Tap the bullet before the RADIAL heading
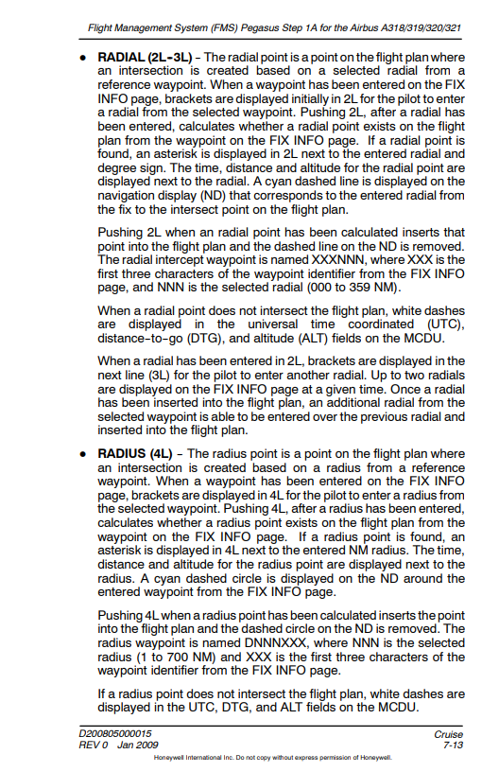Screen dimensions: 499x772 click(x=84, y=59)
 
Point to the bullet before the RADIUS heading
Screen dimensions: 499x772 click(x=84, y=454)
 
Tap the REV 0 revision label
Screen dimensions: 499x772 click(x=95, y=746)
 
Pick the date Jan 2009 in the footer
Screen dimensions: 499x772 click(x=139, y=746)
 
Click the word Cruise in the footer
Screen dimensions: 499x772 click(x=448, y=734)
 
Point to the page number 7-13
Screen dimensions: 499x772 click(x=453, y=746)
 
